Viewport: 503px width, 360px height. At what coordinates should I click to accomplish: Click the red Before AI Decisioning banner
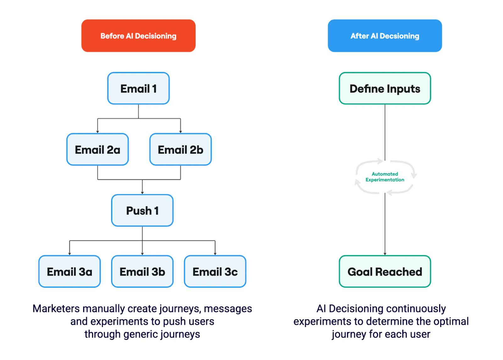click(138, 36)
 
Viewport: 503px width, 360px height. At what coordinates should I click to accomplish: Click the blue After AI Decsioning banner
click(384, 36)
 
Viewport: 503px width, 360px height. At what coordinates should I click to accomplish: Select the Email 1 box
click(138, 88)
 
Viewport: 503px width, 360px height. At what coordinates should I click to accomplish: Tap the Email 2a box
click(97, 149)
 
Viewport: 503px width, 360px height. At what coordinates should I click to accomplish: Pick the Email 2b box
click(180, 149)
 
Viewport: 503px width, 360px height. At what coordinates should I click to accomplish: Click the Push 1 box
click(142, 211)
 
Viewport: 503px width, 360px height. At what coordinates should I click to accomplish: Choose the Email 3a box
click(69, 272)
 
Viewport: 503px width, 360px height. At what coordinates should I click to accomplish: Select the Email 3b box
click(142, 272)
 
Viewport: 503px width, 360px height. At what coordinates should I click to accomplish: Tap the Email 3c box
click(215, 272)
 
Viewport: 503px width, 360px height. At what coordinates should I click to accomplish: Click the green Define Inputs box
click(384, 88)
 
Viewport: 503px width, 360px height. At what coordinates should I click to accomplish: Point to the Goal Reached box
click(384, 272)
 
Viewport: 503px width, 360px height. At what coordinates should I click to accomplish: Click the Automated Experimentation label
click(384, 177)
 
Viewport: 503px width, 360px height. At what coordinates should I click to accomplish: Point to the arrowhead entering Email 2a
click(97, 132)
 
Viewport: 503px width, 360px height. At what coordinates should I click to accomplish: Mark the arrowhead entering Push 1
click(142, 193)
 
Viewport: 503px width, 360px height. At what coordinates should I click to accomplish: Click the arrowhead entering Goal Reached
click(384, 254)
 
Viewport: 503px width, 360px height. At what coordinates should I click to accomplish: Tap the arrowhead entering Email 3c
click(215, 254)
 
